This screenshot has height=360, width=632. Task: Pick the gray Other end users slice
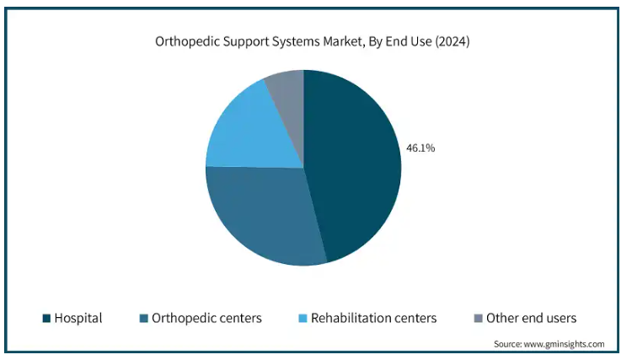tap(289, 93)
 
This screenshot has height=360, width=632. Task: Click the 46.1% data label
tap(420, 148)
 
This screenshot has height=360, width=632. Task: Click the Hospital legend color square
tap(46, 318)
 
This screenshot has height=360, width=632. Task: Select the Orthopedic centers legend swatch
tap(143, 318)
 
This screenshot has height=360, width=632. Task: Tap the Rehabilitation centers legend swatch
tap(303, 318)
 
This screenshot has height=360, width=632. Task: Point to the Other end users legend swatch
tap(478, 318)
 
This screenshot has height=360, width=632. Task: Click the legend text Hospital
tap(78, 318)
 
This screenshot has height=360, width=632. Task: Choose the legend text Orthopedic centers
tap(206, 318)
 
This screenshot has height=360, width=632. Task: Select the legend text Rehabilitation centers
tap(373, 318)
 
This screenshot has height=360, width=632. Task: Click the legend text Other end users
tap(531, 318)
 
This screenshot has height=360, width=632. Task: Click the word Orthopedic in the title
tap(187, 41)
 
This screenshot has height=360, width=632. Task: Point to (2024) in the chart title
tap(453, 41)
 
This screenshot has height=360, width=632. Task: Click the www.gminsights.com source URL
tap(564, 344)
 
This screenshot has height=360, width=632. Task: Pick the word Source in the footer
tap(508, 344)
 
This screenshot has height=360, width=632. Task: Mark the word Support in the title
tap(245, 42)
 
